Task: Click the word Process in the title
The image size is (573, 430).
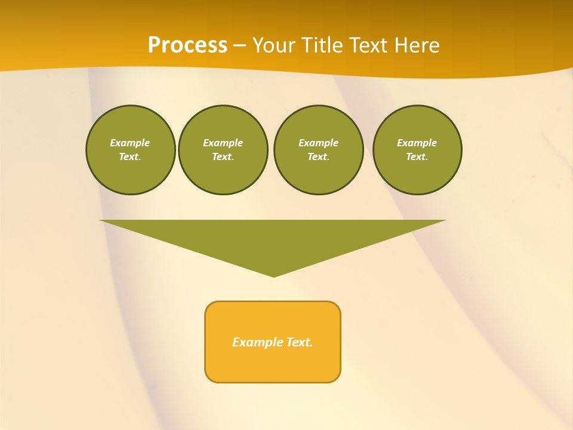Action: point(187,45)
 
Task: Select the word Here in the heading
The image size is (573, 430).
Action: point(418,45)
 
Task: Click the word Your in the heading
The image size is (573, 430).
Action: point(275,45)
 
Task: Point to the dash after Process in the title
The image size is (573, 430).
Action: point(239,45)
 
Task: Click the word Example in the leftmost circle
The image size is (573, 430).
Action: point(130,143)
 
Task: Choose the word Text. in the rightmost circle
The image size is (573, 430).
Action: point(417,156)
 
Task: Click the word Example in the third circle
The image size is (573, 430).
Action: point(318,143)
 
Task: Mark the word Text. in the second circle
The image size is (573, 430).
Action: point(223,156)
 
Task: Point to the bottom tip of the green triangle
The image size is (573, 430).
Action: point(273,275)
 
